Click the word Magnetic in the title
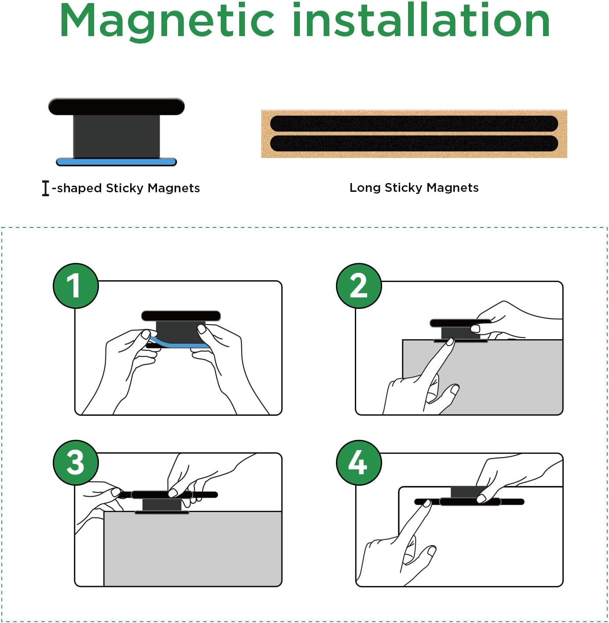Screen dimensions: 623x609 (x=167, y=21)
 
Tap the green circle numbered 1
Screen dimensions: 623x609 (x=76, y=286)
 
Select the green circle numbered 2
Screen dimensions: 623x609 (x=359, y=286)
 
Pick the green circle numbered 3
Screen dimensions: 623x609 (x=76, y=462)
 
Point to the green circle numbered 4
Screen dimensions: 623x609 (x=359, y=462)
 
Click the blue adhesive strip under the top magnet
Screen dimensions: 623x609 (x=116, y=162)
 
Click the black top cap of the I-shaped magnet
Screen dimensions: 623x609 (x=116, y=106)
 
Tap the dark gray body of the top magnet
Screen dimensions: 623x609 (x=116, y=136)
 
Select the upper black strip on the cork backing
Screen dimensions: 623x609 (x=414, y=123)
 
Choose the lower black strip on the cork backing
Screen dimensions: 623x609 (x=414, y=143)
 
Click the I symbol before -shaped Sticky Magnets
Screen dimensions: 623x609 (x=46, y=188)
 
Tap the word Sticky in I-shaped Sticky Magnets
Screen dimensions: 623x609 (x=125, y=188)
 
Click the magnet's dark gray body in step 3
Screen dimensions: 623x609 (x=162, y=504)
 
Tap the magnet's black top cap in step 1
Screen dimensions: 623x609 (x=181, y=316)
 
